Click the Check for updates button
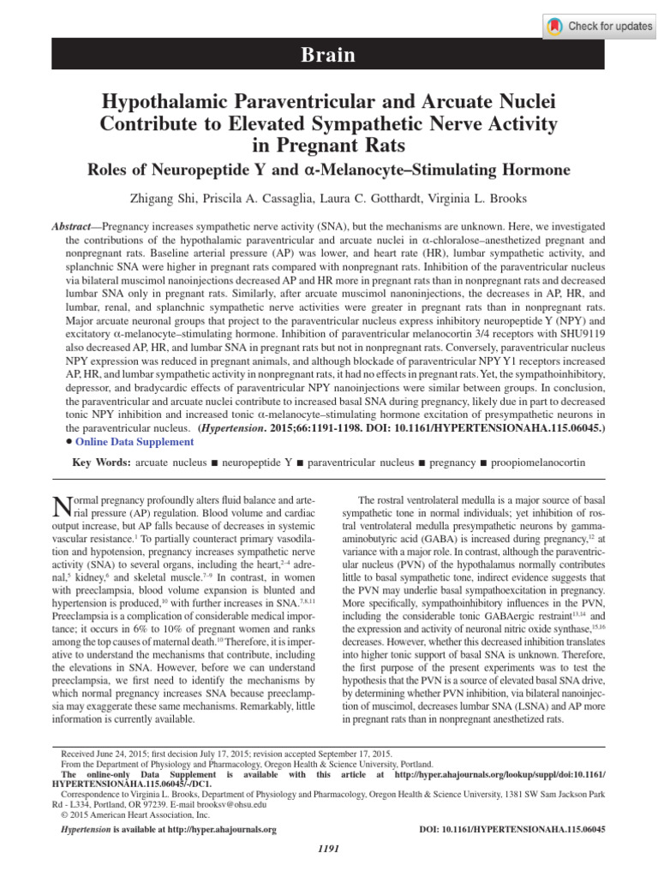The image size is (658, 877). (599, 27)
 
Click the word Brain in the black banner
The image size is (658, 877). (328, 57)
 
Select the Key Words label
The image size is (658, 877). (102, 462)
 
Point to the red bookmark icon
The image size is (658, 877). (556, 27)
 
